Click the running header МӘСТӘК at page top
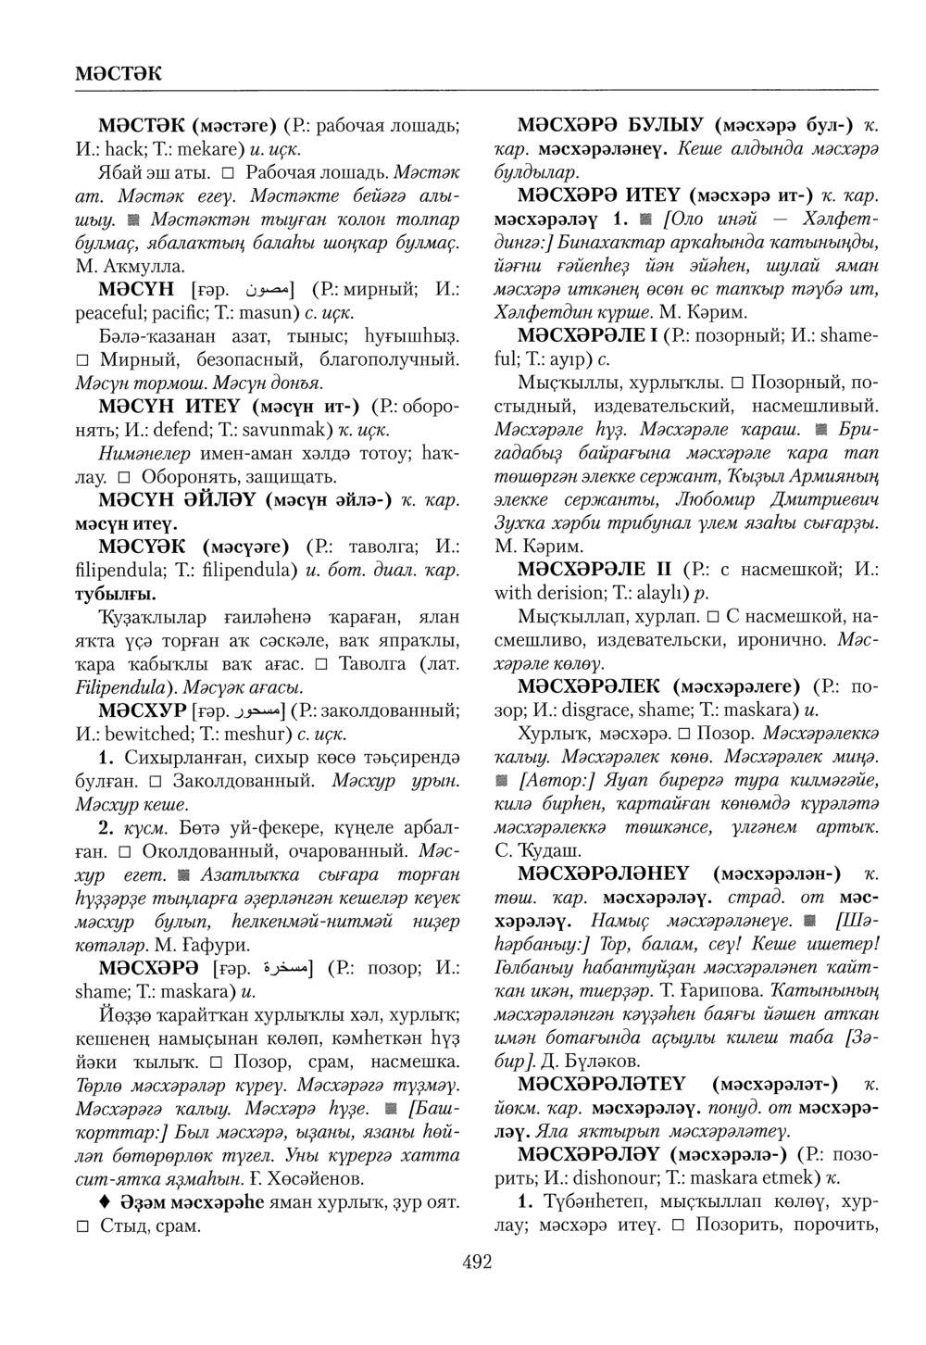(x=118, y=71)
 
